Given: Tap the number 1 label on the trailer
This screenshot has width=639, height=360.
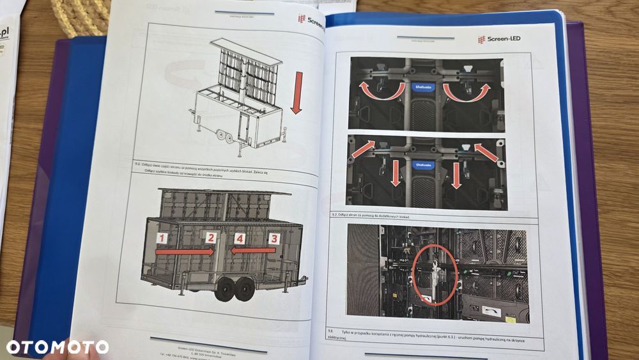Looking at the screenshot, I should [x=163, y=239].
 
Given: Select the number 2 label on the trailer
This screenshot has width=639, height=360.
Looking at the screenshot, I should [x=210, y=238].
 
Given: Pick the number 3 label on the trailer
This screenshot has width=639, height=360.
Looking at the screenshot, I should [x=274, y=239].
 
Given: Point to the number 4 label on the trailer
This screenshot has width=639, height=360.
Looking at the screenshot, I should [x=239, y=239].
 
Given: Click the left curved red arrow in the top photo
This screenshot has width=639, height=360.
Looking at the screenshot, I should [x=382, y=90].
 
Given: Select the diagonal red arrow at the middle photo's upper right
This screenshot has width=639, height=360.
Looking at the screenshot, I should [x=485, y=152].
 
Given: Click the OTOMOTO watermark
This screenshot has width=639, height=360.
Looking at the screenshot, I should [x=58, y=347].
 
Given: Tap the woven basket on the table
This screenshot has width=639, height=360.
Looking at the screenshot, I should [x=80, y=17].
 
